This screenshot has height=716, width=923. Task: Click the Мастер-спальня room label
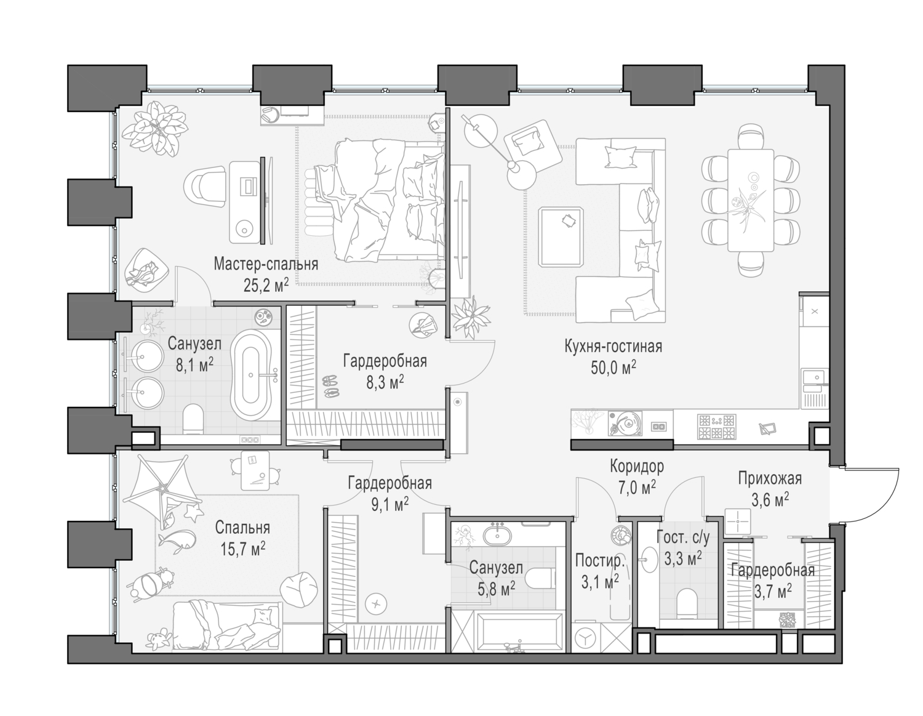(266, 264)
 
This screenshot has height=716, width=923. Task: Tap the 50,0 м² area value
(613, 368)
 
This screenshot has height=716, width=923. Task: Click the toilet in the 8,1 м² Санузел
(193, 418)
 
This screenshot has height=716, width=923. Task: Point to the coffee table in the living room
(561, 237)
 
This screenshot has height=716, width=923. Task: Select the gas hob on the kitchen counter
(716, 427)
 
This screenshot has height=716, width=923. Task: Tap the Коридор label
(637, 466)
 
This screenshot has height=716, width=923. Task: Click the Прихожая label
(770, 478)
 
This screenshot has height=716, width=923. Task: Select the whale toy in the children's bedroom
(177, 539)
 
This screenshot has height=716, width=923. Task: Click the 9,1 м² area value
(390, 505)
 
